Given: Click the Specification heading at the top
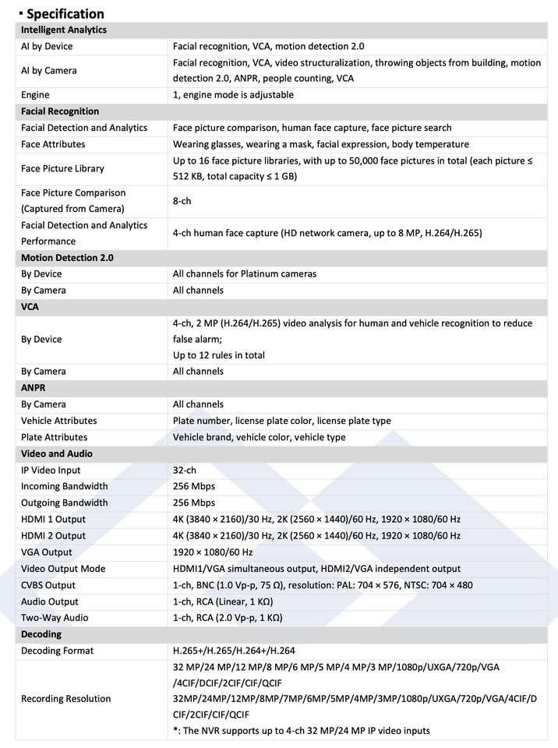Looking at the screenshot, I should click(x=65, y=13).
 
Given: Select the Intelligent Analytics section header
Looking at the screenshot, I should click(x=64, y=30).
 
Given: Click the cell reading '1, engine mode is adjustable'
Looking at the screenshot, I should click(x=233, y=95).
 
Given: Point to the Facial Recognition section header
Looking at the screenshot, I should click(x=60, y=111).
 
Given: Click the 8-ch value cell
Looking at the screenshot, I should click(x=183, y=200).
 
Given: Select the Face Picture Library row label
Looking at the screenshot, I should click(x=62, y=168).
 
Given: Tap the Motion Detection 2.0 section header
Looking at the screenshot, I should click(x=67, y=257).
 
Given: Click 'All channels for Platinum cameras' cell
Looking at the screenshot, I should click(x=245, y=273).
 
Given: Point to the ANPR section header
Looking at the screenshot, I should click(x=34, y=387).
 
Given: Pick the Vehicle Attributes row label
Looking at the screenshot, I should click(x=59, y=421).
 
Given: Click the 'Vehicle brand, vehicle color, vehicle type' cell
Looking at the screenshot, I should click(x=259, y=437).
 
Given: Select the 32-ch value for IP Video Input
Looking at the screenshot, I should click(x=185, y=470).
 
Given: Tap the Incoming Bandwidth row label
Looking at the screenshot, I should click(x=65, y=486).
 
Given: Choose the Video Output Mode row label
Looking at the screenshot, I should click(x=63, y=568).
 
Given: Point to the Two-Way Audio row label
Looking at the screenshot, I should click(x=55, y=617).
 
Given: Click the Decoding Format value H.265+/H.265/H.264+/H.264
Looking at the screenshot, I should click(x=233, y=651).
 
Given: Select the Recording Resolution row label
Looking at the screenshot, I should click(x=66, y=699).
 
